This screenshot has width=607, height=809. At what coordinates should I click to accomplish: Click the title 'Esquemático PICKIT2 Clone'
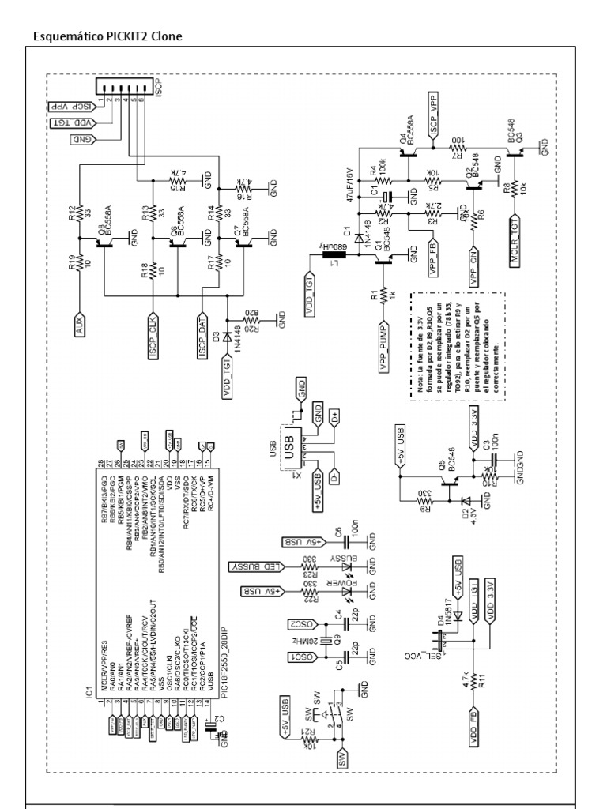pyautogui.click(x=107, y=36)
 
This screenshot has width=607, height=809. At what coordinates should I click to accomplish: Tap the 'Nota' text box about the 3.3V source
pyautogui.click(x=443, y=347)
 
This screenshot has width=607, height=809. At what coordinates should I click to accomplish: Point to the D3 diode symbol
pyautogui.click(x=228, y=337)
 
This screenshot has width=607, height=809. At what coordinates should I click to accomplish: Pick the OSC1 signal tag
pyautogui.click(x=303, y=657)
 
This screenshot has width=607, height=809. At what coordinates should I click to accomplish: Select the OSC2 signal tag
pyautogui.click(x=303, y=624)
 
